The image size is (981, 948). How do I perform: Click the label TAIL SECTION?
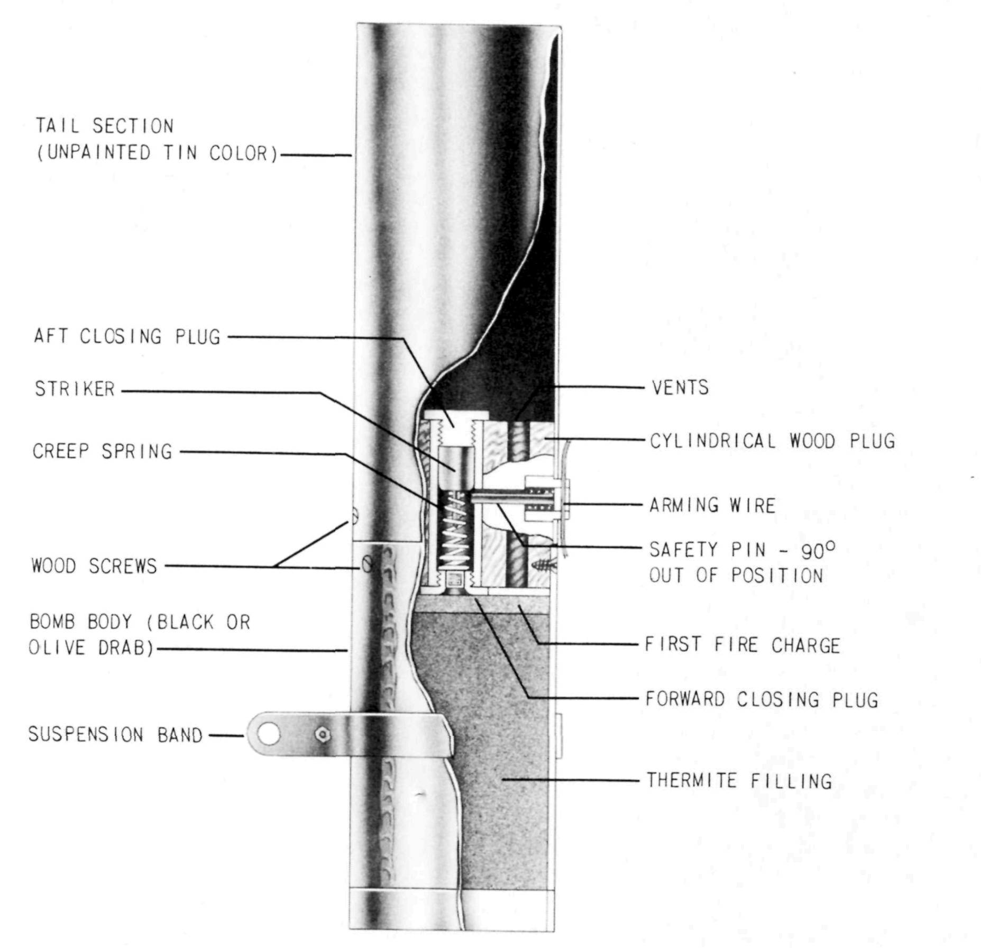coord(105,126)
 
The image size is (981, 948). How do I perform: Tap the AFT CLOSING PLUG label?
coord(127,336)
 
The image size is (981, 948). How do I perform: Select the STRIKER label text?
coord(75,389)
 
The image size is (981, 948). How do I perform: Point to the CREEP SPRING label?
coord(103,451)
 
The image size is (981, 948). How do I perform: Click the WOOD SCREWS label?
coord(95,566)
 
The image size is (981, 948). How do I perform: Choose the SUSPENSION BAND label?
coord(116,734)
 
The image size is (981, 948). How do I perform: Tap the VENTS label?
coord(680,388)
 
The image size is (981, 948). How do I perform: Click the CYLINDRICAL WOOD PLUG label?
coord(773,441)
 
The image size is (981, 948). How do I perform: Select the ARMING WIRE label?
coord(712,505)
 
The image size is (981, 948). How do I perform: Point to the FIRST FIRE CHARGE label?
coord(742,645)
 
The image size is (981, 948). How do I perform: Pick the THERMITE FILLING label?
coord(739,780)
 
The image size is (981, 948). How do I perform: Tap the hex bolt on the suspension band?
coord(322,735)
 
